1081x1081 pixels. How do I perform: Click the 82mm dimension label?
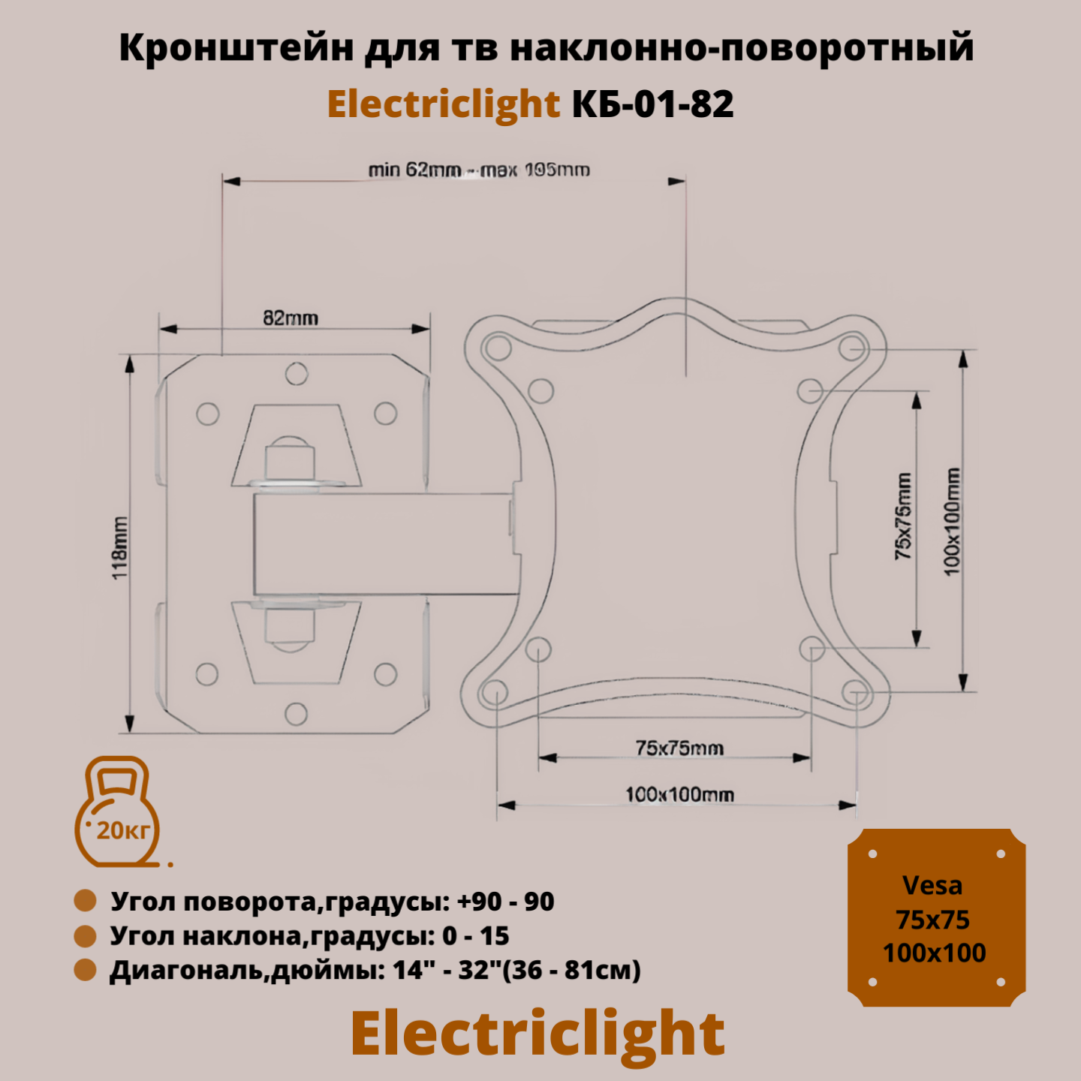[291, 318]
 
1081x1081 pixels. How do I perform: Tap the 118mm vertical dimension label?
[119, 547]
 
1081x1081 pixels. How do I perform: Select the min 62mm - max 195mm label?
[479, 170]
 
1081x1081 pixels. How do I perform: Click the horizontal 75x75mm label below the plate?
[679, 748]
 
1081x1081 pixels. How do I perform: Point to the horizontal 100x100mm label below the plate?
[679, 794]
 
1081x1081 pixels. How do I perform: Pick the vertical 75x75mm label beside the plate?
[903, 516]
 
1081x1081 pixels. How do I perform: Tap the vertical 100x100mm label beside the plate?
[952, 522]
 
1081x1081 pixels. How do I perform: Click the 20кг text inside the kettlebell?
[123, 830]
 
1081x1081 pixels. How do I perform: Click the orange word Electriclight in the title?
[444, 104]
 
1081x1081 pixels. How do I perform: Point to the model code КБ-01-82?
[652, 104]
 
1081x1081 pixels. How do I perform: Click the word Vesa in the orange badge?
[932, 886]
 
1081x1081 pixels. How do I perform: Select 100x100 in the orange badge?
[935, 953]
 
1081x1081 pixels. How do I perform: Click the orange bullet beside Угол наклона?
[86, 936]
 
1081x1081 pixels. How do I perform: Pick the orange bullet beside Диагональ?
[86, 970]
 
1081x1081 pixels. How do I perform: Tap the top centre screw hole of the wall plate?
[297, 374]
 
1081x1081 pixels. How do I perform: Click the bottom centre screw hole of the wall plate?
[297, 713]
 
